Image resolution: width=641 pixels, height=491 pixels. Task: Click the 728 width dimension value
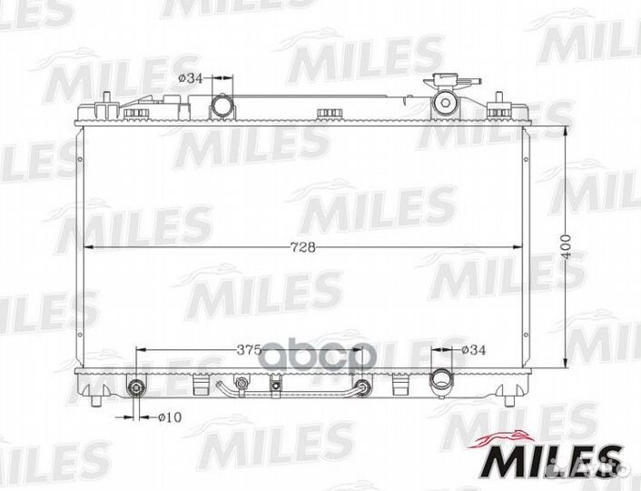302,247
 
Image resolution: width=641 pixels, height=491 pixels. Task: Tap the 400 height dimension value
566,247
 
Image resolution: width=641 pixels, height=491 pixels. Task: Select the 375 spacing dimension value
249,350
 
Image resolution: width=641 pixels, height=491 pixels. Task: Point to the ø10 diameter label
169,417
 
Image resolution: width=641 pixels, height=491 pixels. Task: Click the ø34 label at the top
191,78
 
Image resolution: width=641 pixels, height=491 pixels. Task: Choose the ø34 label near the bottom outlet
474,350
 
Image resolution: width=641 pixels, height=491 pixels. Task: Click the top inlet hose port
222,105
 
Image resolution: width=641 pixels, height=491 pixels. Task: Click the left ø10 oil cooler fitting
135,387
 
